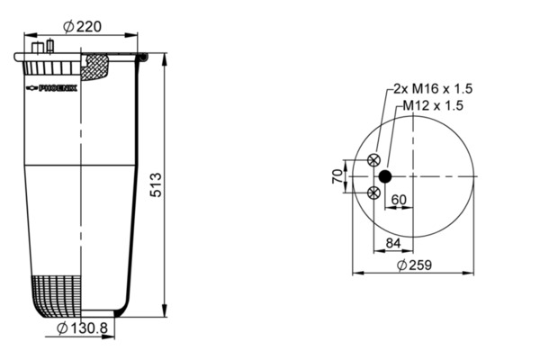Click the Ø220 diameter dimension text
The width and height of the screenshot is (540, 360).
click(82, 26)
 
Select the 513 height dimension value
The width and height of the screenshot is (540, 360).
click(156, 185)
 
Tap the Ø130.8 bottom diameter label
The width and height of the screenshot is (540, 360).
click(82, 328)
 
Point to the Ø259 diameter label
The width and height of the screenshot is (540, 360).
click(414, 265)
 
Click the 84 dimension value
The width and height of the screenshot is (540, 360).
click(393, 243)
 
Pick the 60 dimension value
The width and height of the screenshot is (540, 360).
click(399, 200)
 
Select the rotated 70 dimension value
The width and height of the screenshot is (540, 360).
click(337, 176)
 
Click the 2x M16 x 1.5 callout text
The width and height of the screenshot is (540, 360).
click(433, 89)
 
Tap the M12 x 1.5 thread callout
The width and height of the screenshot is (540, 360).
click(433, 105)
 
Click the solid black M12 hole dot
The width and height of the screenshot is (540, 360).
click(385, 176)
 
